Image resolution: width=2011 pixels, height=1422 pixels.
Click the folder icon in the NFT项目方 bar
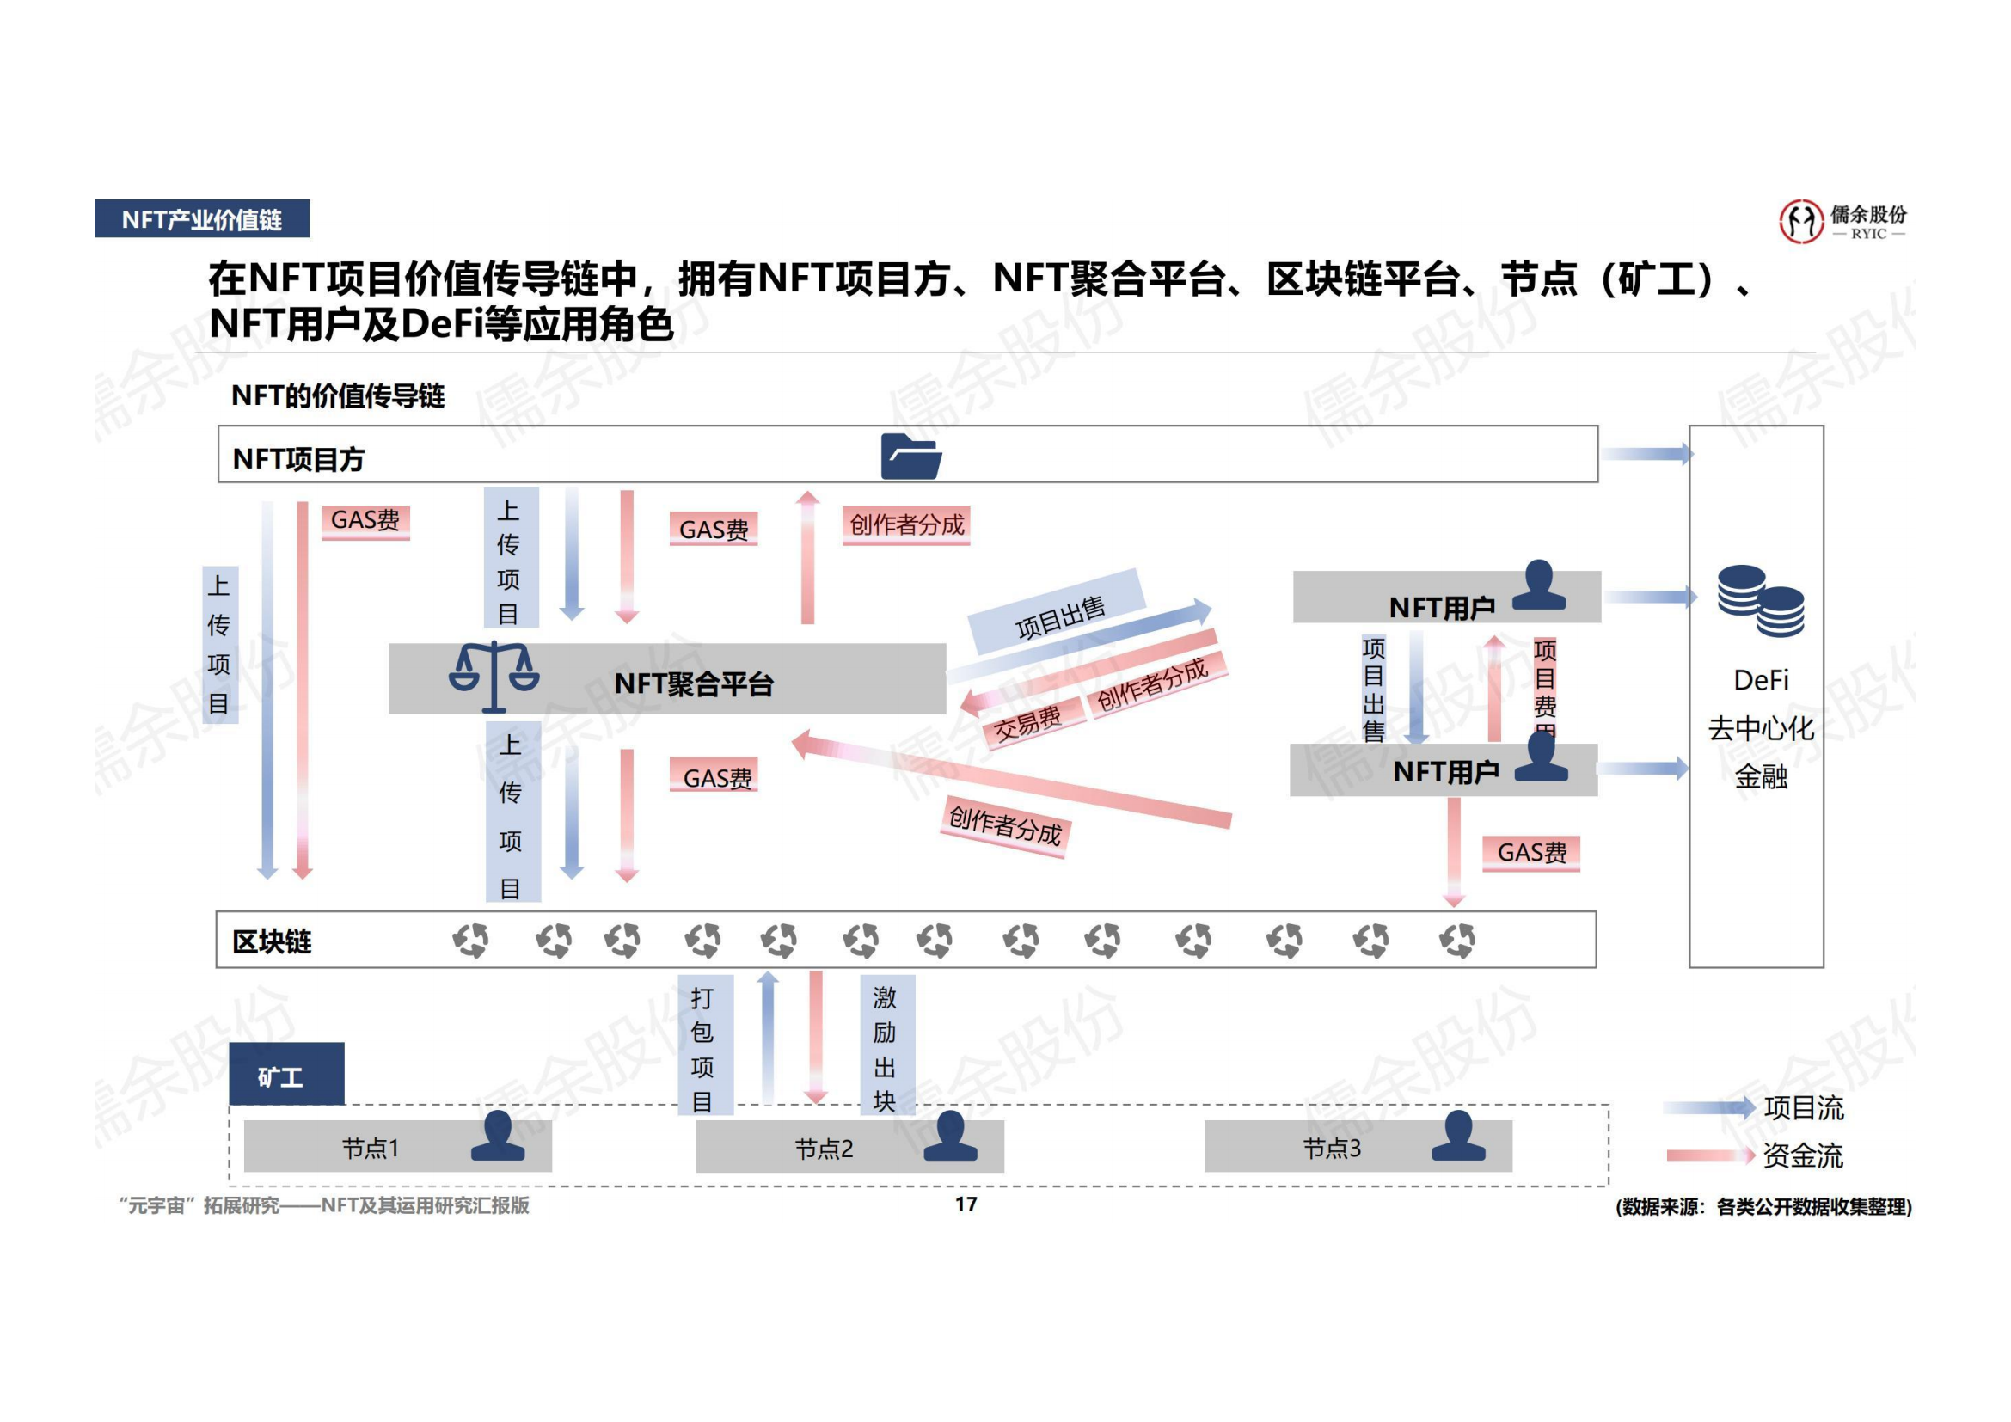pyautogui.click(x=910, y=457)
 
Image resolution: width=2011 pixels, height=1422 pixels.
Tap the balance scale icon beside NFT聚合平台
pyautogui.click(x=494, y=675)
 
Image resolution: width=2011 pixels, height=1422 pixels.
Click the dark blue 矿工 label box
pyautogui.click(x=286, y=1076)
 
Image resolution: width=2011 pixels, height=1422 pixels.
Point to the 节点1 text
pyautogui.click(x=371, y=1148)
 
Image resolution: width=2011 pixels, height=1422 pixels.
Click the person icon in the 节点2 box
pyautogui.click(x=950, y=1137)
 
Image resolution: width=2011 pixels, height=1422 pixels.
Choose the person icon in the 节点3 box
pyautogui.click(x=1458, y=1137)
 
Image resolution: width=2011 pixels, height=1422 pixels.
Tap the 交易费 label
pyautogui.click(x=1027, y=722)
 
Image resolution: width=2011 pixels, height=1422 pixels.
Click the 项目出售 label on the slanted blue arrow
pyautogui.click(x=1060, y=616)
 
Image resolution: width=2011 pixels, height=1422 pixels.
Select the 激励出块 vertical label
pyautogui.click(x=886, y=1048)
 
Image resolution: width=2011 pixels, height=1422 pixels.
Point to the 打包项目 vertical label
pyautogui.click(x=702, y=1049)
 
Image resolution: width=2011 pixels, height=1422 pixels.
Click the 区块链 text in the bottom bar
pyautogui.click(x=273, y=941)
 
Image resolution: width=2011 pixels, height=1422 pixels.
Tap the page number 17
pyautogui.click(x=966, y=1204)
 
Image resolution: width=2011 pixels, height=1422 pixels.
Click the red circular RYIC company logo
pyautogui.click(x=1801, y=222)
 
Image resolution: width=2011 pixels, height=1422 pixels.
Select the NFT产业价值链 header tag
pyautogui.click(x=201, y=219)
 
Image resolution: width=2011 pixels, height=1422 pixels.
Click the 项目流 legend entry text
pyautogui.click(x=1803, y=1108)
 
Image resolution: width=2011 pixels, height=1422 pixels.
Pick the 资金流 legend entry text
pyautogui.click(x=1803, y=1155)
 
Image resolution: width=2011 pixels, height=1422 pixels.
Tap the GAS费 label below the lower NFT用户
pyautogui.click(x=1531, y=853)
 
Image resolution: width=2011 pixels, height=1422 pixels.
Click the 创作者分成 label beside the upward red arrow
pyautogui.click(x=906, y=525)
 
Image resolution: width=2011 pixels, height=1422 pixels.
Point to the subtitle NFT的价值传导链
pyautogui.click(x=338, y=396)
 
